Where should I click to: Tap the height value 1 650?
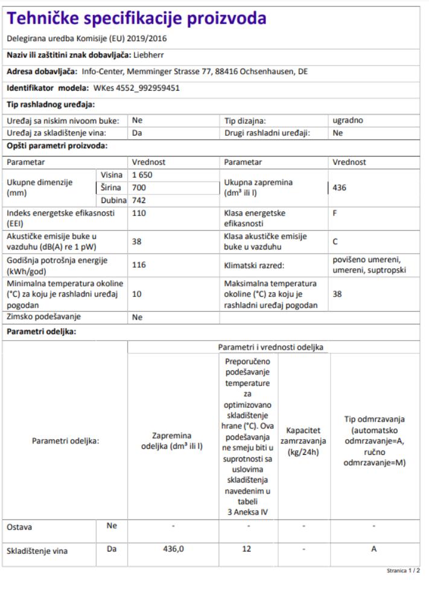pyautogui.click(x=143, y=175)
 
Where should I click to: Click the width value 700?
pyautogui.click(x=139, y=188)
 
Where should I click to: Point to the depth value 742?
pyautogui.click(x=139, y=201)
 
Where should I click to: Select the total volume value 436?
pyautogui.click(x=339, y=188)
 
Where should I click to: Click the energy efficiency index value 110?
pyautogui.click(x=139, y=213)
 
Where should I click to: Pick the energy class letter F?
pyautogui.click(x=335, y=213)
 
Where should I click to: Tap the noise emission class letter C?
pyautogui.click(x=335, y=242)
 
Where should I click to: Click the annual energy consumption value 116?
pyautogui.click(x=139, y=265)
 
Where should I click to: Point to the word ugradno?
pyautogui.click(x=348, y=120)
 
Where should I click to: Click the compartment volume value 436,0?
pyautogui.click(x=173, y=549)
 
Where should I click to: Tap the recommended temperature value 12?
pyautogui.click(x=248, y=549)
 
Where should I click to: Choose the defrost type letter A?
pyautogui.click(x=374, y=549)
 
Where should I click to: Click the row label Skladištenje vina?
pyautogui.click(x=37, y=551)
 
